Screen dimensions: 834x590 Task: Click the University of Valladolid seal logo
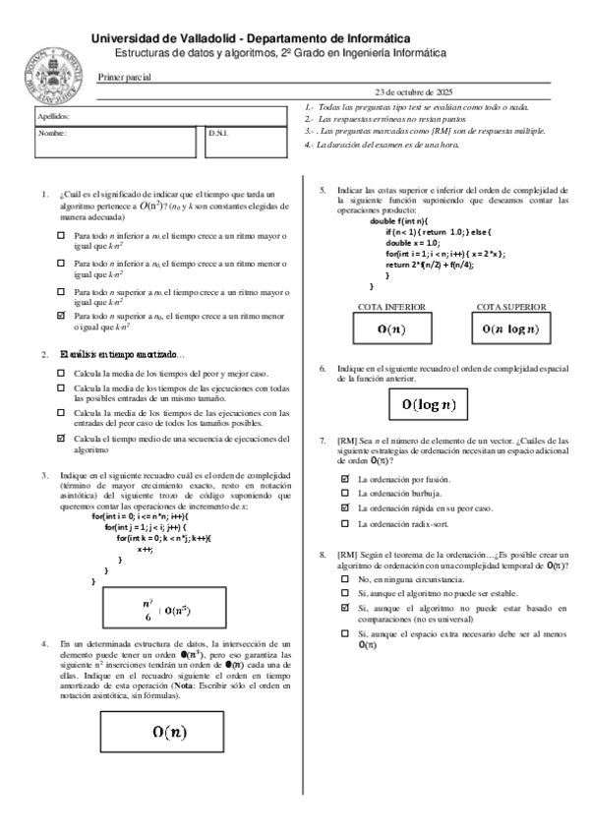tap(55, 72)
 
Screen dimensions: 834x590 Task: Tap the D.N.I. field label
tap(218, 132)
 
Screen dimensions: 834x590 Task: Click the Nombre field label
tap(51, 132)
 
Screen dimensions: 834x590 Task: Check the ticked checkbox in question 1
tap(62, 315)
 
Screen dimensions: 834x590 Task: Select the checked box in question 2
tap(62, 438)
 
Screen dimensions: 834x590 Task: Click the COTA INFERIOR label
tap(391, 307)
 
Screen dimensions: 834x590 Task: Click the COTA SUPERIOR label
tap(510, 307)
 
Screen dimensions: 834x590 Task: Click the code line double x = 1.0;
tap(411, 242)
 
